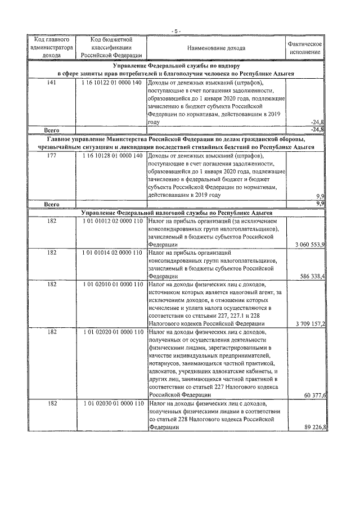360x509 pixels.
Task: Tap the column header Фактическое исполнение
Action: (304, 48)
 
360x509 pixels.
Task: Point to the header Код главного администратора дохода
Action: (52, 48)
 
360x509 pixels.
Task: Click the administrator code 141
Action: (52, 83)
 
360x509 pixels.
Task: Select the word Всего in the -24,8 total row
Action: (52, 130)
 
